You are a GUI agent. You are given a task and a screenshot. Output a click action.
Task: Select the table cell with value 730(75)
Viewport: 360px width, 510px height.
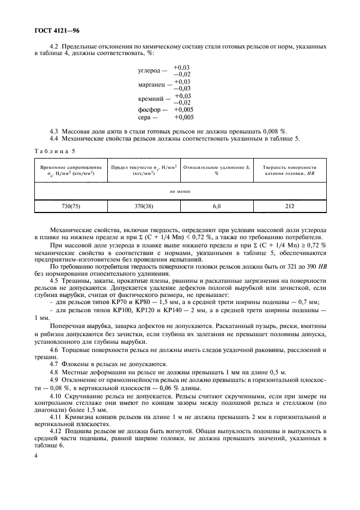[71, 207]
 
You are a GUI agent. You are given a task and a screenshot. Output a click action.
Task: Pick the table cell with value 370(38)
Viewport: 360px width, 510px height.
[144, 207]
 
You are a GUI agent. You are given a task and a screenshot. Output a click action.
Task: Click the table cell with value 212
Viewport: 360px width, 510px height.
[289, 207]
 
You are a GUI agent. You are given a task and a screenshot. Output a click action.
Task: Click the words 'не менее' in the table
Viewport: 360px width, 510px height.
[180, 191]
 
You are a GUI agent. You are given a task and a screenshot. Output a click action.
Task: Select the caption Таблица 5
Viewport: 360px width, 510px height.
[55, 150]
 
